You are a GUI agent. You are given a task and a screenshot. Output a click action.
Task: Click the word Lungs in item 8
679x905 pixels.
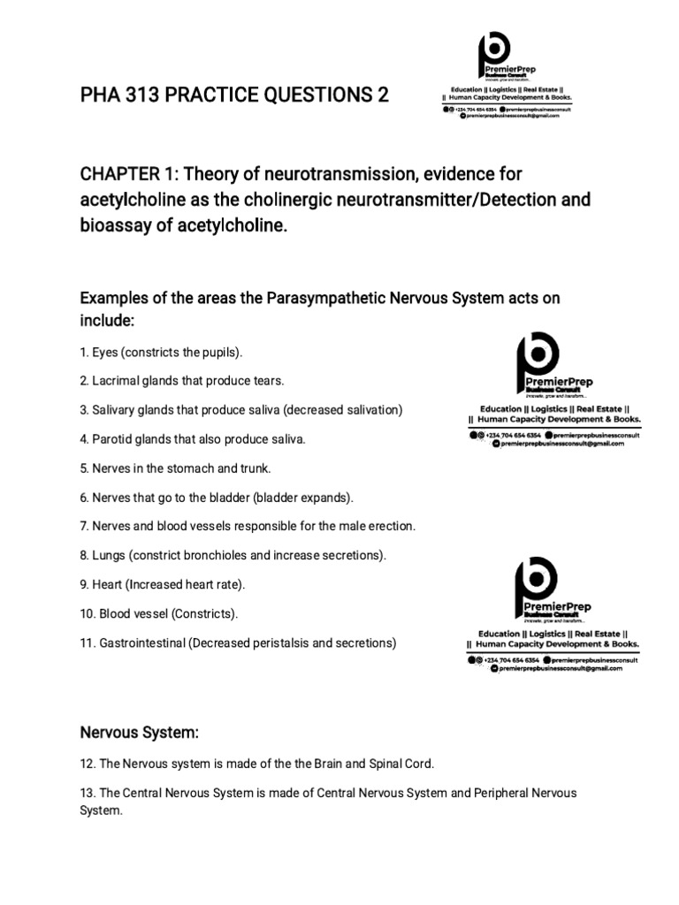108,555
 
